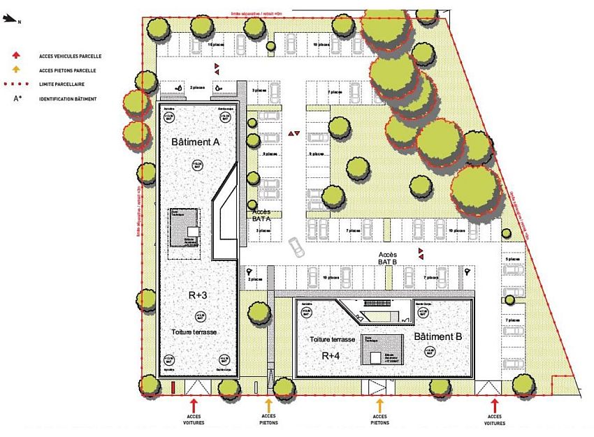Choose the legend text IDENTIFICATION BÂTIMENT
pyautogui.click(x=68, y=98)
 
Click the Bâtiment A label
pyautogui.click(x=196, y=142)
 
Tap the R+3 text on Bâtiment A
pyautogui.click(x=198, y=295)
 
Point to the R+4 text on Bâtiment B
pyautogui.click(x=331, y=355)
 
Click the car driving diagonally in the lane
pyautogui.click(x=296, y=246)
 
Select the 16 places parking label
pyautogui.click(x=215, y=44)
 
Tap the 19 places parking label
pyautogui.click(x=321, y=44)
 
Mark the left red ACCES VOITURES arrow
pyautogui.click(x=194, y=404)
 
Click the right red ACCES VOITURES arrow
pyautogui.click(x=495, y=404)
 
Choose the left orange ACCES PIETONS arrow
pyautogui.click(x=268, y=404)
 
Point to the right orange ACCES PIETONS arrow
pyautogui.click(x=380, y=404)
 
